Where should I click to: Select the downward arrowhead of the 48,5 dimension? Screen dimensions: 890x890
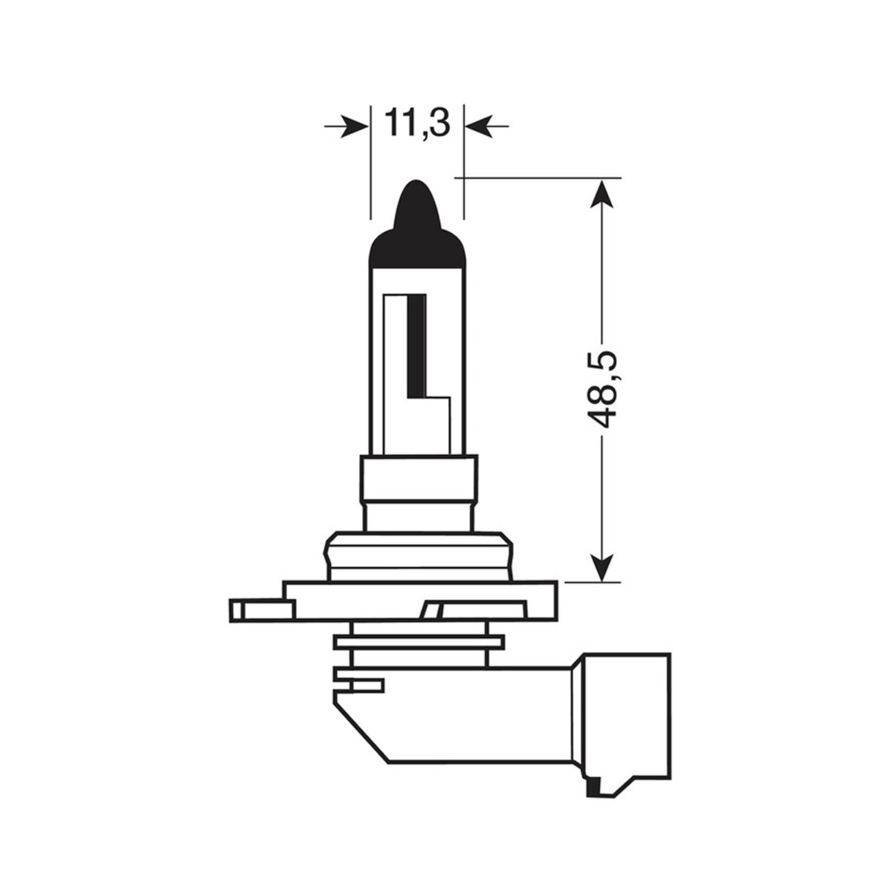tap(604, 567)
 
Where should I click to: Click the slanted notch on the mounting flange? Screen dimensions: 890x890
tap(432, 611)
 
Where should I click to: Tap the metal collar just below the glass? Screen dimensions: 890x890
tap(419, 492)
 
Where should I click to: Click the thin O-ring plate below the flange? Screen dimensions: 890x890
tap(419, 641)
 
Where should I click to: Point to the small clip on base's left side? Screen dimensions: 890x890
tap(359, 684)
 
